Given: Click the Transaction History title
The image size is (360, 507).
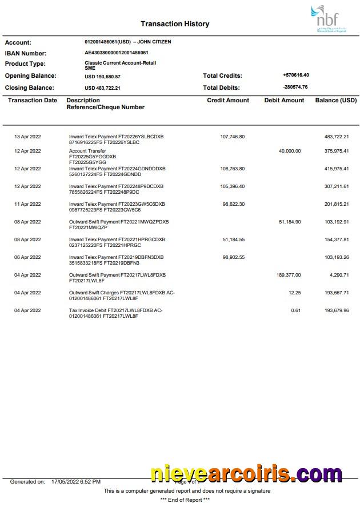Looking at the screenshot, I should [175, 24].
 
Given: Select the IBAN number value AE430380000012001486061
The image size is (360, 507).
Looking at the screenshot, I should [117, 53].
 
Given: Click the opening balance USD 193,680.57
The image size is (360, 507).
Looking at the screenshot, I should [102, 76].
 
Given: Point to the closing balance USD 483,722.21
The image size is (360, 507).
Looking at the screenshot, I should [102, 88].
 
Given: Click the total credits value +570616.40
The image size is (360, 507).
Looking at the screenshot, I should [295, 75].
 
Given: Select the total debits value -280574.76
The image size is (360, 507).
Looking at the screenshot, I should [295, 87].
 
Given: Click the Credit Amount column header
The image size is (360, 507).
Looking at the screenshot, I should [228, 100].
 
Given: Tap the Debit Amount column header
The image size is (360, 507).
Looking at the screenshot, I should [284, 100].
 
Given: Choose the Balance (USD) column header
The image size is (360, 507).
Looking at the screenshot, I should [335, 100].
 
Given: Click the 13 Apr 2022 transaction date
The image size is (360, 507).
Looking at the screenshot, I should [27, 137].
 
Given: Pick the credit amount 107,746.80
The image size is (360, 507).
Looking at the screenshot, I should [232, 137].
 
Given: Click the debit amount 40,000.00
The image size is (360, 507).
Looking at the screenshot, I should [289, 151].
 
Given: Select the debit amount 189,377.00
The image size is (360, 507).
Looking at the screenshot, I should [288, 275].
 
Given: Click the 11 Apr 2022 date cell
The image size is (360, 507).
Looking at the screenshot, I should [27, 204].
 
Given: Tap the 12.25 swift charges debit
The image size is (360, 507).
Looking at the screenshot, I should [294, 293].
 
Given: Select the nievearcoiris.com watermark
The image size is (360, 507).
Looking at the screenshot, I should [246, 474].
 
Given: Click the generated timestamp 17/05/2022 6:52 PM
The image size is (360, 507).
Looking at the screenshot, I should [76, 482].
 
